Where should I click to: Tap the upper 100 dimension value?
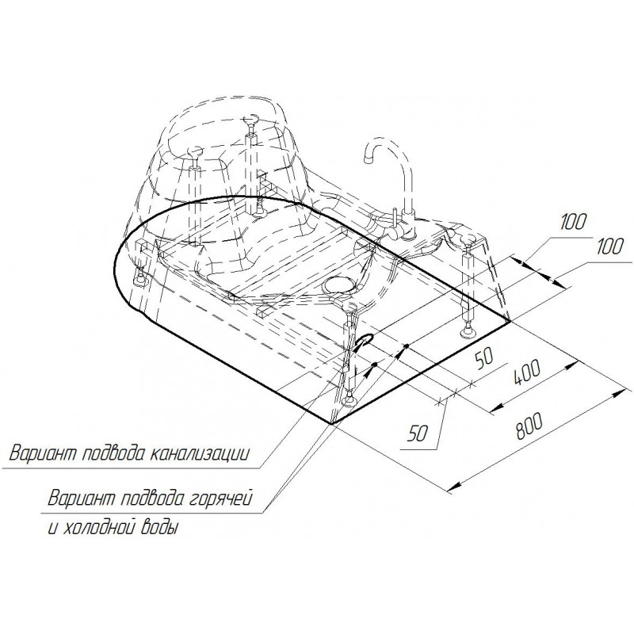pyautogui.click(x=573, y=223)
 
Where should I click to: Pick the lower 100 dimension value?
pyautogui.click(x=608, y=246)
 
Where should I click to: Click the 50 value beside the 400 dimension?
pyautogui.click(x=484, y=360)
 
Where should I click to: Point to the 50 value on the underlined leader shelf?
pyautogui.click(x=418, y=434)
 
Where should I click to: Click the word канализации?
pyautogui.click(x=200, y=454)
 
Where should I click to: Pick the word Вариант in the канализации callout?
pyautogui.click(x=43, y=454)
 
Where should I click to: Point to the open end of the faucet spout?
pyautogui.click(x=369, y=160)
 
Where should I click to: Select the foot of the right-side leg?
pyautogui.click(x=468, y=332)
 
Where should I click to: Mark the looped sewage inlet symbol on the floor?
pyautogui.click(x=362, y=341)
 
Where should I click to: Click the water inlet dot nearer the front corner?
pyautogui.click(x=375, y=365)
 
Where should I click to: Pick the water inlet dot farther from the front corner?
pyautogui.click(x=407, y=346)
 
